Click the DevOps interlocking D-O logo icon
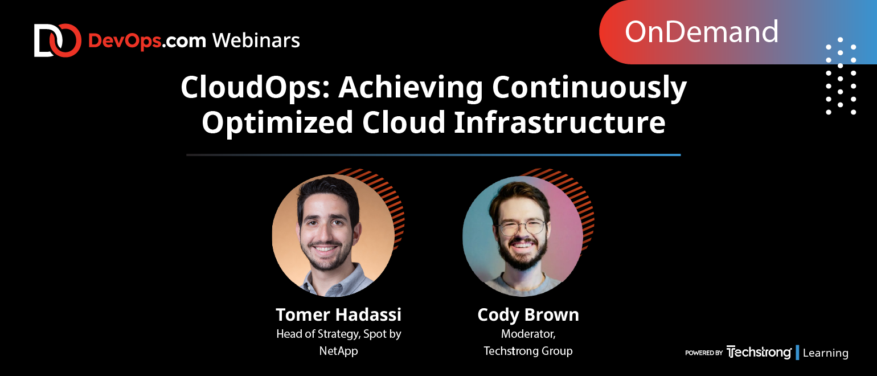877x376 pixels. [x=58, y=40]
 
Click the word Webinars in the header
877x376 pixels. [x=256, y=40]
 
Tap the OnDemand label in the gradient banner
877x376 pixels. [x=701, y=32]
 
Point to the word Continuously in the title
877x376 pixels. [x=589, y=88]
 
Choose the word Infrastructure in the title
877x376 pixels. [x=560, y=122]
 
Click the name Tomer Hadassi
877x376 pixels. [x=338, y=314]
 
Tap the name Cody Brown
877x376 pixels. [x=528, y=315]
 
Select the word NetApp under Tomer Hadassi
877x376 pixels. [x=338, y=351]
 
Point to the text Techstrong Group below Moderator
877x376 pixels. [x=528, y=351]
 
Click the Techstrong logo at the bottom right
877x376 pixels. [x=759, y=352]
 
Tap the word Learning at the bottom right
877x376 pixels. [x=825, y=353]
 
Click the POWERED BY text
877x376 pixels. [x=703, y=353]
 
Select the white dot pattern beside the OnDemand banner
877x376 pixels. [x=841, y=76]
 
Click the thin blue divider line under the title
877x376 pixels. [x=433, y=155]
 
